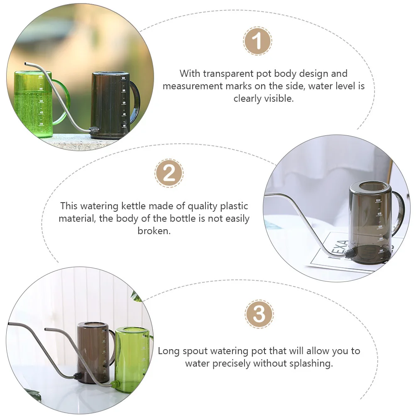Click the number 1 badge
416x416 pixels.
257,41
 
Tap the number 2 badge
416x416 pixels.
169,173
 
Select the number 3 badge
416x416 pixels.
259,314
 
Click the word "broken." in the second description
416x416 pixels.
154,231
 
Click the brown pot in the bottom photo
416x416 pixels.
93,353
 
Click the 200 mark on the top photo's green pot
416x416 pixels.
41,124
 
